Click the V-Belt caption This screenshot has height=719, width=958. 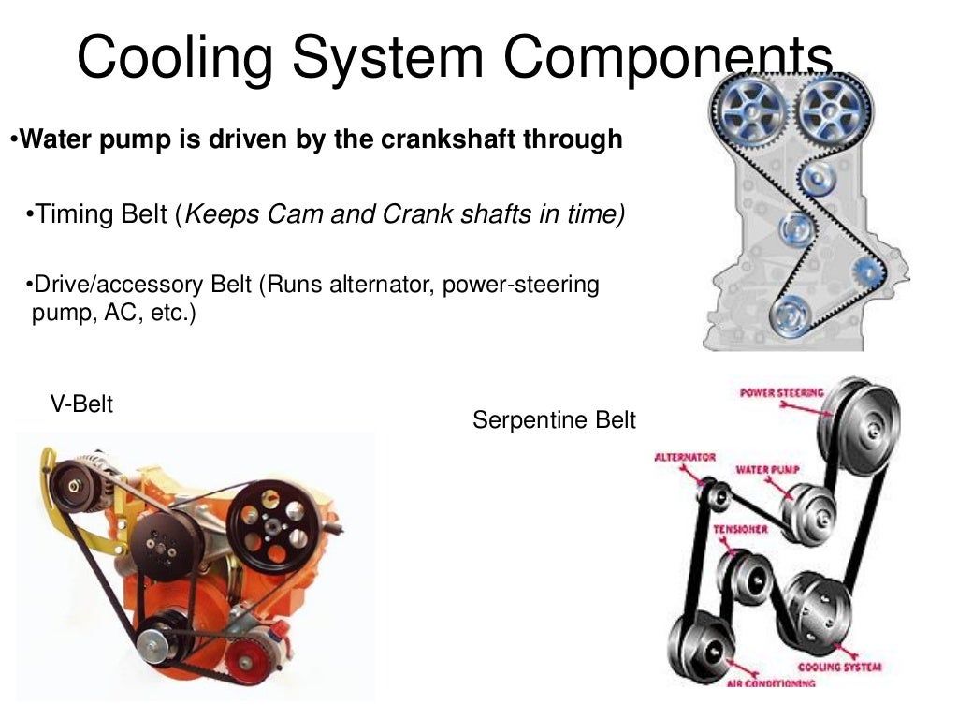(x=81, y=404)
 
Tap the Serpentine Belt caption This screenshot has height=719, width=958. (x=554, y=420)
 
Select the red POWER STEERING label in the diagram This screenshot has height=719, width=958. (x=781, y=392)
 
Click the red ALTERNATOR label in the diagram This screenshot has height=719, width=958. (x=685, y=457)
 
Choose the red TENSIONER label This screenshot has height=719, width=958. (x=741, y=529)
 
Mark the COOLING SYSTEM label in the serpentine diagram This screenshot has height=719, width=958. (x=838, y=668)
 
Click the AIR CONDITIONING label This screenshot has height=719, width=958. (x=770, y=684)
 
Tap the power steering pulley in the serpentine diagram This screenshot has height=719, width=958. (x=861, y=421)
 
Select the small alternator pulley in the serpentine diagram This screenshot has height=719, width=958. (x=718, y=493)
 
